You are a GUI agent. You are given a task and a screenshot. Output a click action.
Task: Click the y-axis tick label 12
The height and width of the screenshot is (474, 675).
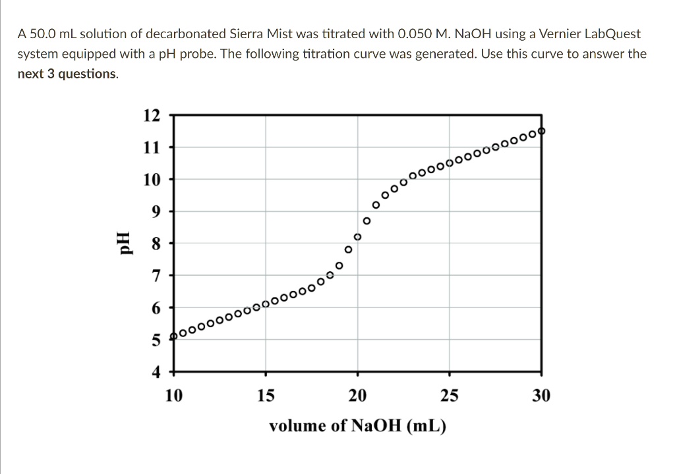(x=152, y=115)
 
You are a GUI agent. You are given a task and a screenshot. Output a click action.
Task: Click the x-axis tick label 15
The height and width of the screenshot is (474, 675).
(x=266, y=396)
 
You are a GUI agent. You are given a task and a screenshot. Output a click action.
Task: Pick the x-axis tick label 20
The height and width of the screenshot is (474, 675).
(x=358, y=396)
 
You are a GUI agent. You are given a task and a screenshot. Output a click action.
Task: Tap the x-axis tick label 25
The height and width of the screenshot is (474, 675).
(x=450, y=396)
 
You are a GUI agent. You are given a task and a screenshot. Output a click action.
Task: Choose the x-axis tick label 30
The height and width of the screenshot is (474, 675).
(x=541, y=396)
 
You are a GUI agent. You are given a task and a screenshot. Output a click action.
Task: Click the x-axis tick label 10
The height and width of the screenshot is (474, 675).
(x=174, y=396)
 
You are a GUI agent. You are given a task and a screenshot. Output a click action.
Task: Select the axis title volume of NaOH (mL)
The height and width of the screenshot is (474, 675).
(x=357, y=426)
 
